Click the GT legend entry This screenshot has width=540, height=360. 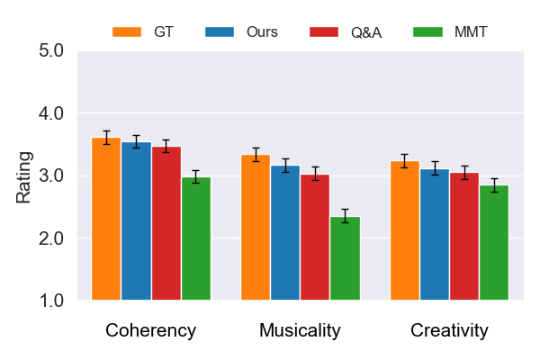pos(144,32)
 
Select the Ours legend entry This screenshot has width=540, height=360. pos(243,32)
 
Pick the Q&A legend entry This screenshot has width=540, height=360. pos(346,32)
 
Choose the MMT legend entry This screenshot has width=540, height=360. pos(450,32)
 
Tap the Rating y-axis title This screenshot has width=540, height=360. pos(24,176)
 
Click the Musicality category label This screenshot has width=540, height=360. pos(300,330)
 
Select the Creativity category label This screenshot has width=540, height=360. pos(449,330)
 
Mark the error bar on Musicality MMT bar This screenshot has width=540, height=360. pos(345,216)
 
